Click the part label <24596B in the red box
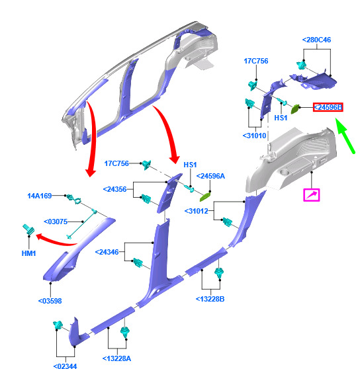coord(328,107)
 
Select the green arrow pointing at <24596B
coord(345,136)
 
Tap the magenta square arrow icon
coord(312,195)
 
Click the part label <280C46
coord(316,40)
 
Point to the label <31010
coord(254,136)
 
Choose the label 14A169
coord(39,196)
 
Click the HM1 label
coord(28,253)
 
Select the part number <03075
coord(56,222)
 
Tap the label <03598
coord(50,301)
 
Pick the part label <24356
coord(114,189)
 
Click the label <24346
coord(107,252)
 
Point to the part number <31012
coord(197,211)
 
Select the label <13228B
coord(210,299)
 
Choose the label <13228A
coord(116,358)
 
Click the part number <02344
coord(65,366)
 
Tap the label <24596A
coord(210,176)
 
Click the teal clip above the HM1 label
coord(28,229)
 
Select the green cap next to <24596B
coord(295,109)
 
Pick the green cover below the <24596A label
coord(206,197)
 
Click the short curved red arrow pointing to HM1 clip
coord(56,240)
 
